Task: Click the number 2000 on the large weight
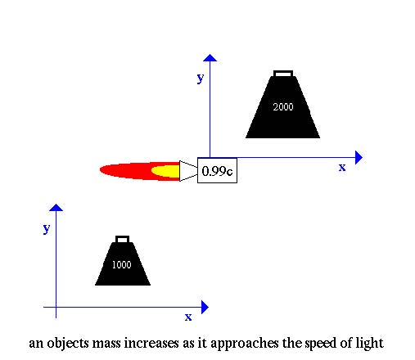(283, 106)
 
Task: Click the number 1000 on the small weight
(122, 264)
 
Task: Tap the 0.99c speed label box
(217, 170)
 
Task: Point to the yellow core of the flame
(165, 171)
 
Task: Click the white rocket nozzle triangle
(188, 171)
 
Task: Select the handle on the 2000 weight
(283, 74)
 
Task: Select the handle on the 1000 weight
(122, 239)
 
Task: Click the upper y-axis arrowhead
(210, 57)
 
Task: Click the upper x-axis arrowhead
(359, 157)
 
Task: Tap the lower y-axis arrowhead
(56, 207)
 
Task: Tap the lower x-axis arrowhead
(205, 308)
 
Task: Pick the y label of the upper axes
(201, 79)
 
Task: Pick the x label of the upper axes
(342, 168)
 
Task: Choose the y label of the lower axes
(47, 228)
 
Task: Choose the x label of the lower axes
(188, 317)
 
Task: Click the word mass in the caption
(106, 344)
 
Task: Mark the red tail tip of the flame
(101, 170)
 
